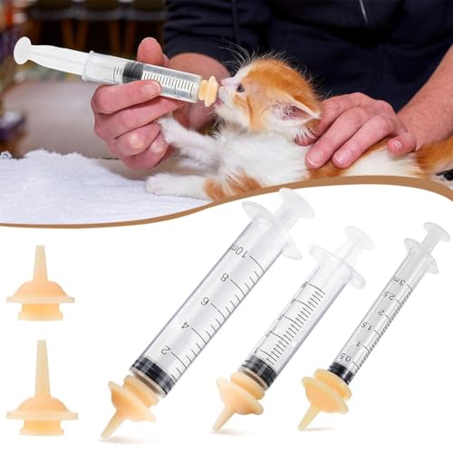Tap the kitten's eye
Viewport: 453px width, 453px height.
[240, 88]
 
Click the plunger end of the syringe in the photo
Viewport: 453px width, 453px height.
[23, 50]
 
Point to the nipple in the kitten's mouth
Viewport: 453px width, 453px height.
[209, 90]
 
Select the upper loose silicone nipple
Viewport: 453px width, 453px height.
[40, 290]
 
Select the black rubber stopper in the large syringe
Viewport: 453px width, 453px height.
[149, 373]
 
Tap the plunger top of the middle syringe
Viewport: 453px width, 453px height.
[359, 238]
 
